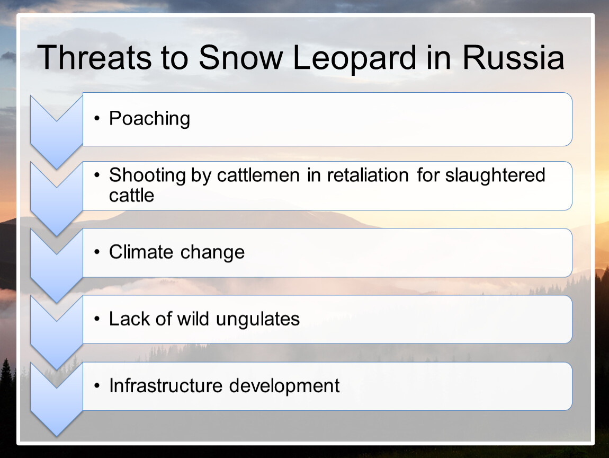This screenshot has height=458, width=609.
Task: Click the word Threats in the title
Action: pyautogui.click(x=94, y=58)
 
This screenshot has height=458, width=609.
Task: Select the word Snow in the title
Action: pyautogui.click(x=241, y=58)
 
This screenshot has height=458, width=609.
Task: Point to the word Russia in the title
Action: pyautogui.click(x=513, y=58)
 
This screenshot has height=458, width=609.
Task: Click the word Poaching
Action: pyautogui.click(x=149, y=119)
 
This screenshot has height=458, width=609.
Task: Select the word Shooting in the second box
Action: pyautogui.click(x=148, y=175)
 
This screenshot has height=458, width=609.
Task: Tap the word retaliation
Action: pyautogui.click(x=368, y=175)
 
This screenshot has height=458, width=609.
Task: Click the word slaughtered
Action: pyautogui.click(x=495, y=175)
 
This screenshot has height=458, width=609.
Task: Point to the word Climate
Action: pyautogui.click(x=141, y=252)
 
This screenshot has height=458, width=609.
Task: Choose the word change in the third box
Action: pyautogui.click(x=212, y=253)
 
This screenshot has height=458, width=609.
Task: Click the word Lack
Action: pyautogui.click(x=129, y=319)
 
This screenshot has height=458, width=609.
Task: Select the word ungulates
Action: pyautogui.click(x=258, y=320)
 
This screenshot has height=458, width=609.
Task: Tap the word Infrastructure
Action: pyautogui.click(x=166, y=386)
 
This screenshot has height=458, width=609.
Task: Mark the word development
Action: pyautogui.click(x=284, y=386)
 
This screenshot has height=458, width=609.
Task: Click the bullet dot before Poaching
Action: pyautogui.click(x=97, y=118)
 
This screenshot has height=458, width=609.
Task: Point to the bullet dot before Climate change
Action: pyautogui.click(x=97, y=252)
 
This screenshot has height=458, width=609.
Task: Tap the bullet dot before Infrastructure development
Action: pyautogui.click(x=97, y=386)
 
